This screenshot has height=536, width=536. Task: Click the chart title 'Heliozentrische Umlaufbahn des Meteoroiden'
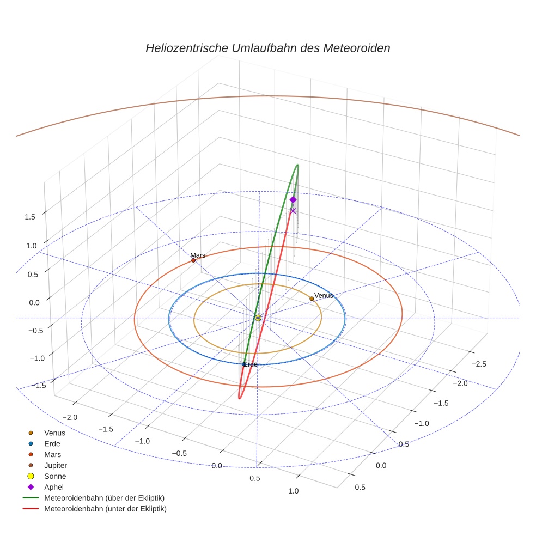[x=267, y=48]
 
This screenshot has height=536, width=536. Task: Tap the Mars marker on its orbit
[x=193, y=260]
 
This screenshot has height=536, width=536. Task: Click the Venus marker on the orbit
[x=312, y=299]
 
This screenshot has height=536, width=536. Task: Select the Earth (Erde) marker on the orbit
[x=244, y=364]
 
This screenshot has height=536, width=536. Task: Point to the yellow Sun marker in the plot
[x=258, y=318]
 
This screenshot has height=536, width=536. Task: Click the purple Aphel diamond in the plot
[x=293, y=200]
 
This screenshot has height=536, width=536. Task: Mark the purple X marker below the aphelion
[x=293, y=211]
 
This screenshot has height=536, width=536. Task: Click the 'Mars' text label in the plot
[x=198, y=255]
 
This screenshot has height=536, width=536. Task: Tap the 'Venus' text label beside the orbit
[x=324, y=295]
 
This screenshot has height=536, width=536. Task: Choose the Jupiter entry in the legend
[x=56, y=465]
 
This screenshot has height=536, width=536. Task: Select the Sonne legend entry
[x=55, y=476]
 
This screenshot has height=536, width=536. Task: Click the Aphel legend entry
[x=54, y=487]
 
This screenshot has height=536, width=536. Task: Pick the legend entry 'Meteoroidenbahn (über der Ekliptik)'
[x=105, y=498]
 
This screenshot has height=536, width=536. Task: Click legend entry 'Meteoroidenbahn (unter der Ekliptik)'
[x=105, y=509]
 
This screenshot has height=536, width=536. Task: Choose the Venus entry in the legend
[x=54, y=433]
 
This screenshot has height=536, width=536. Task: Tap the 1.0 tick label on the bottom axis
[x=293, y=491]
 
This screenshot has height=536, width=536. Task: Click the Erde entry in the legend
[x=52, y=443]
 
